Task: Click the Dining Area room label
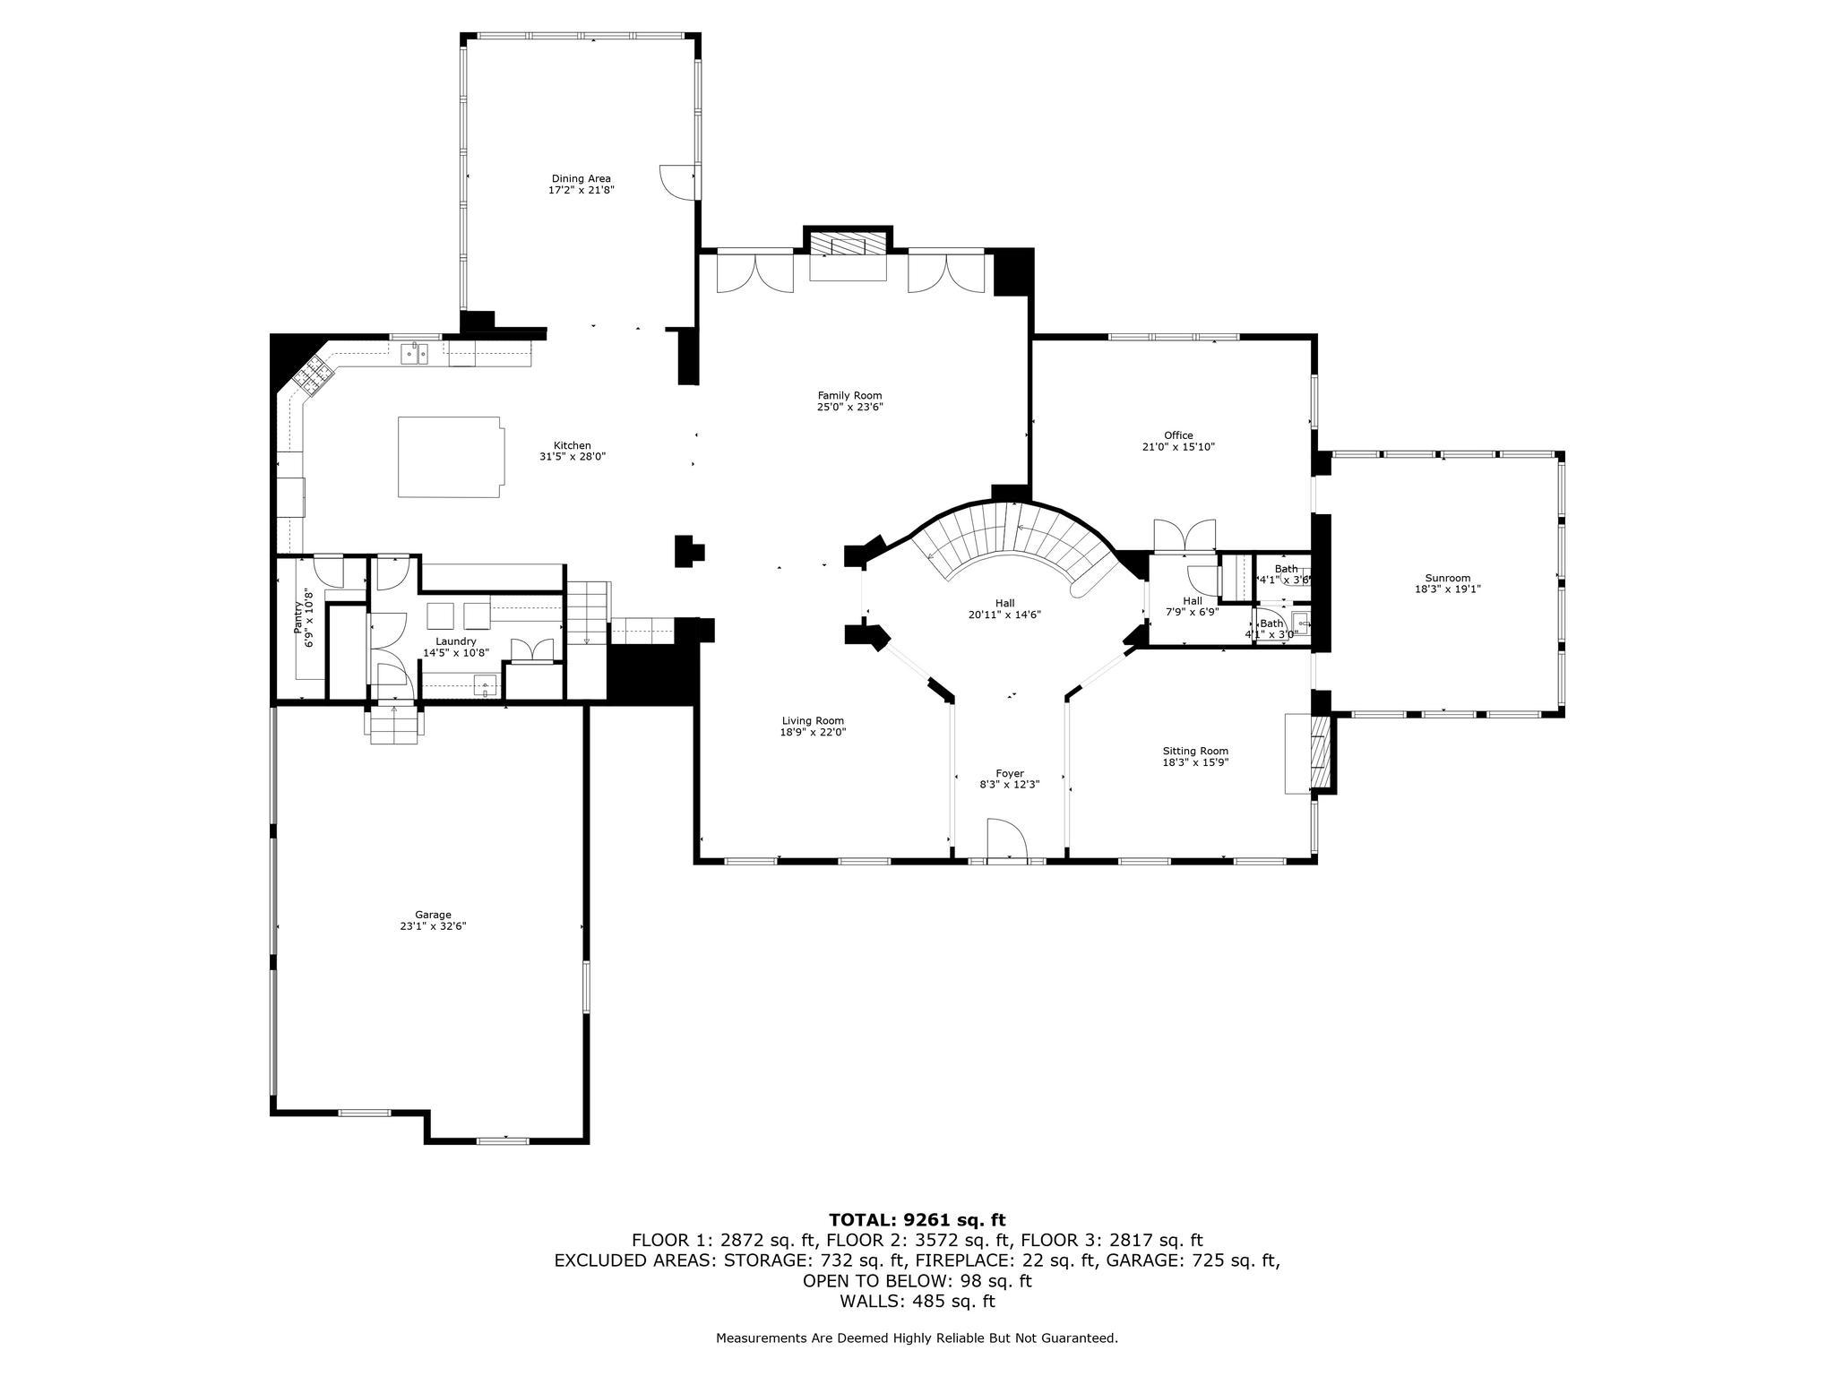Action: click(581, 178)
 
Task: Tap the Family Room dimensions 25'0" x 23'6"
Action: click(849, 407)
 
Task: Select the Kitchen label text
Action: click(572, 445)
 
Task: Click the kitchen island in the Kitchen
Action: click(450, 456)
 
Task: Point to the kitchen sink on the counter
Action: click(414, 354)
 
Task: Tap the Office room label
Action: click(1178, 435)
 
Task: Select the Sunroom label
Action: click(1447, 578)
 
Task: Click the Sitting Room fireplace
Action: click(1316, 752)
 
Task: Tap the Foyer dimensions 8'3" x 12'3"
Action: click(1009, 784)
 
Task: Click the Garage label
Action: click(433, 915)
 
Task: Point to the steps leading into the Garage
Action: click(393, 724)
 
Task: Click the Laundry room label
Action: click(456, 641)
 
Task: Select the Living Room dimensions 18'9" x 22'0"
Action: click(813, 732)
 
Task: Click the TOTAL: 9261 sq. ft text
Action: click(917, 1219)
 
